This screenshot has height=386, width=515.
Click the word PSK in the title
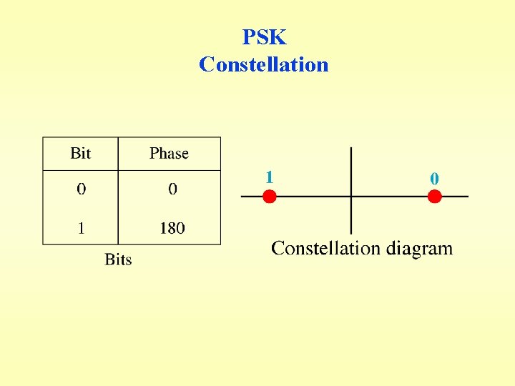[x=264, y=37]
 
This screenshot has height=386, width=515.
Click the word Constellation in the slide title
[x=264, y=65]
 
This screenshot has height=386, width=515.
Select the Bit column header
[x=81, y=154]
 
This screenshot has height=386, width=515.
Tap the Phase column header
[x=169, y=154]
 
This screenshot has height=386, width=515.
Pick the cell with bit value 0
[x=81, y=189]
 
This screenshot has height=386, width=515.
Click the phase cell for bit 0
[x=172, y=189]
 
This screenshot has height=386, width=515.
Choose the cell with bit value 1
[x=81, y=228]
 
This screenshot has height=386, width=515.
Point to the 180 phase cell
[x=172, y=228]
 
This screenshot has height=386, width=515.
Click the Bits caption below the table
[x=118, y=259]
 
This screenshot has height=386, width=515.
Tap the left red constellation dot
[x=269, y=197]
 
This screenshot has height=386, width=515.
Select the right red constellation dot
[x=434, y=197]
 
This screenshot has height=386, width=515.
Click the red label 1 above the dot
[x=269, y=177]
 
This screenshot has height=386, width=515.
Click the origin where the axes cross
[x=350, y=197]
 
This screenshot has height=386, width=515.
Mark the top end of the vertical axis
[x=350, y=149]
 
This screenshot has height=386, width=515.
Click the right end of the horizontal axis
[x=467, y=197]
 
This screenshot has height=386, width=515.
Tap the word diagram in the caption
[x=419, y=249]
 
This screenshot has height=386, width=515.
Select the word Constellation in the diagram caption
[x=325, y=249]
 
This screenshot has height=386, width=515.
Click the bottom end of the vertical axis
[x=350, y=233]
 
